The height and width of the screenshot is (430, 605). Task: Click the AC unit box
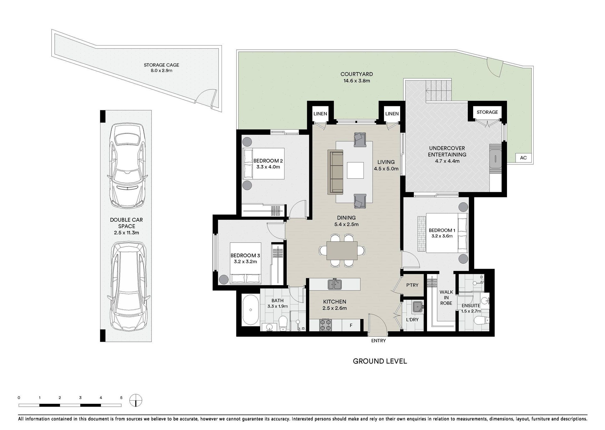(x=523, y=158)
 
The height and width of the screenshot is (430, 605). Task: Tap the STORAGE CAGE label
(x=162, y=65)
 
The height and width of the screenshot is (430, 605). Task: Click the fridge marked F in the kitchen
(x=351, y=325)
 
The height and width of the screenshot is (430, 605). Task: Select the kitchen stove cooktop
(x=326, y=325)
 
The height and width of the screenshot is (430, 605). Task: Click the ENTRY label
(x=378, y=341)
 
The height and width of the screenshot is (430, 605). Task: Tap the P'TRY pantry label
(x=412, y=285)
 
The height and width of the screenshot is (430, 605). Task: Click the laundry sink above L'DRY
(x=418, y=307)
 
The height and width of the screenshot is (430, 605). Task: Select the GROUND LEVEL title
(x=380, y=361)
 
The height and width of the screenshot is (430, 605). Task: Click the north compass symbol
(x=136, y=401)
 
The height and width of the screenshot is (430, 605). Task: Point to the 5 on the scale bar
(x=121, y=398)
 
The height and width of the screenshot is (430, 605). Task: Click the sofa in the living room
(x=335, y=172)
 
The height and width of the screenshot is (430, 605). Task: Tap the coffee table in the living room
(x=355, y=170)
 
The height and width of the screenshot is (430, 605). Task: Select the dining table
(x=342, y=250)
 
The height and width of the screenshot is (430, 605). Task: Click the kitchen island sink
(x=334, y=284)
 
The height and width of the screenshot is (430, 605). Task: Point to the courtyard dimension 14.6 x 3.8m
(x=357, y=81)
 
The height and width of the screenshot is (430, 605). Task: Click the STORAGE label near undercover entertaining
(x=487, y=112)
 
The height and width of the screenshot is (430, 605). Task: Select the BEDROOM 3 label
(x=245, y=255)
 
